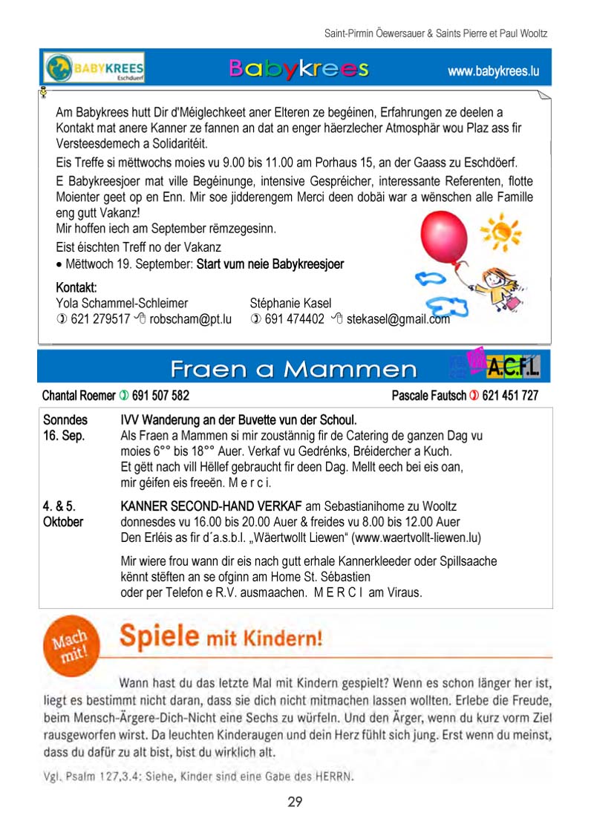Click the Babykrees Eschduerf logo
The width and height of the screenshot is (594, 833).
point(94,68)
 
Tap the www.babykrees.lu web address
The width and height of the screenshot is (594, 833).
point(492,72)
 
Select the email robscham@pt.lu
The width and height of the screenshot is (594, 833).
point(195,319)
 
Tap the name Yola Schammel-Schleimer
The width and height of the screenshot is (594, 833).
point(122,303)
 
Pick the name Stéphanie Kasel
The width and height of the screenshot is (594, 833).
point(291,303)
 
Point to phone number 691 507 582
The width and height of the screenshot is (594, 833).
point(160,396)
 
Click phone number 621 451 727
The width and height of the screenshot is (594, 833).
point(510,396)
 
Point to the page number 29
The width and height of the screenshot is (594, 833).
point(295,802)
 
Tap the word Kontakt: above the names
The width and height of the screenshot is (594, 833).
point(76,287)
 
